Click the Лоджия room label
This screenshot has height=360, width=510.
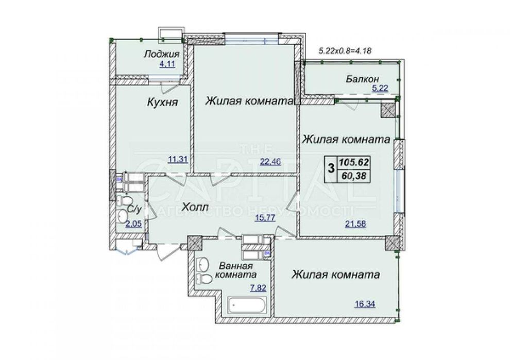162,54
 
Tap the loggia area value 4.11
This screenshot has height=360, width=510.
167,64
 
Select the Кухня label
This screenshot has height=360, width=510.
162,102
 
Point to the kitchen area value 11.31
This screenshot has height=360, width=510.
178,159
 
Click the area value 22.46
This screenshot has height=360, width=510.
270,161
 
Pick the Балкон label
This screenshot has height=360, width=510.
362,79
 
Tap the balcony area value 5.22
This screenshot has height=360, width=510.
380,88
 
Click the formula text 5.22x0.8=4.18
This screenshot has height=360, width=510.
345,51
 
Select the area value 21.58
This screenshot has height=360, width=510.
355,224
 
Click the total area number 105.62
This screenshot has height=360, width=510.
354,162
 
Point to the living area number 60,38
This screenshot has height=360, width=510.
354,176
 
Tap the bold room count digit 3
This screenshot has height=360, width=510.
331,168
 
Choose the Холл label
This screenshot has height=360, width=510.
195,207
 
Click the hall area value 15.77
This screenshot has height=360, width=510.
265,217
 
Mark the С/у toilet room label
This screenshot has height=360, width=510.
134,210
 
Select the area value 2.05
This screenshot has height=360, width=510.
133,224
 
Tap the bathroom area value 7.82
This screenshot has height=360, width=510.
258,288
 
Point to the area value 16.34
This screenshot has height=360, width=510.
365,304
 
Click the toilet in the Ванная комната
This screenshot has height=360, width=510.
204,279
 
